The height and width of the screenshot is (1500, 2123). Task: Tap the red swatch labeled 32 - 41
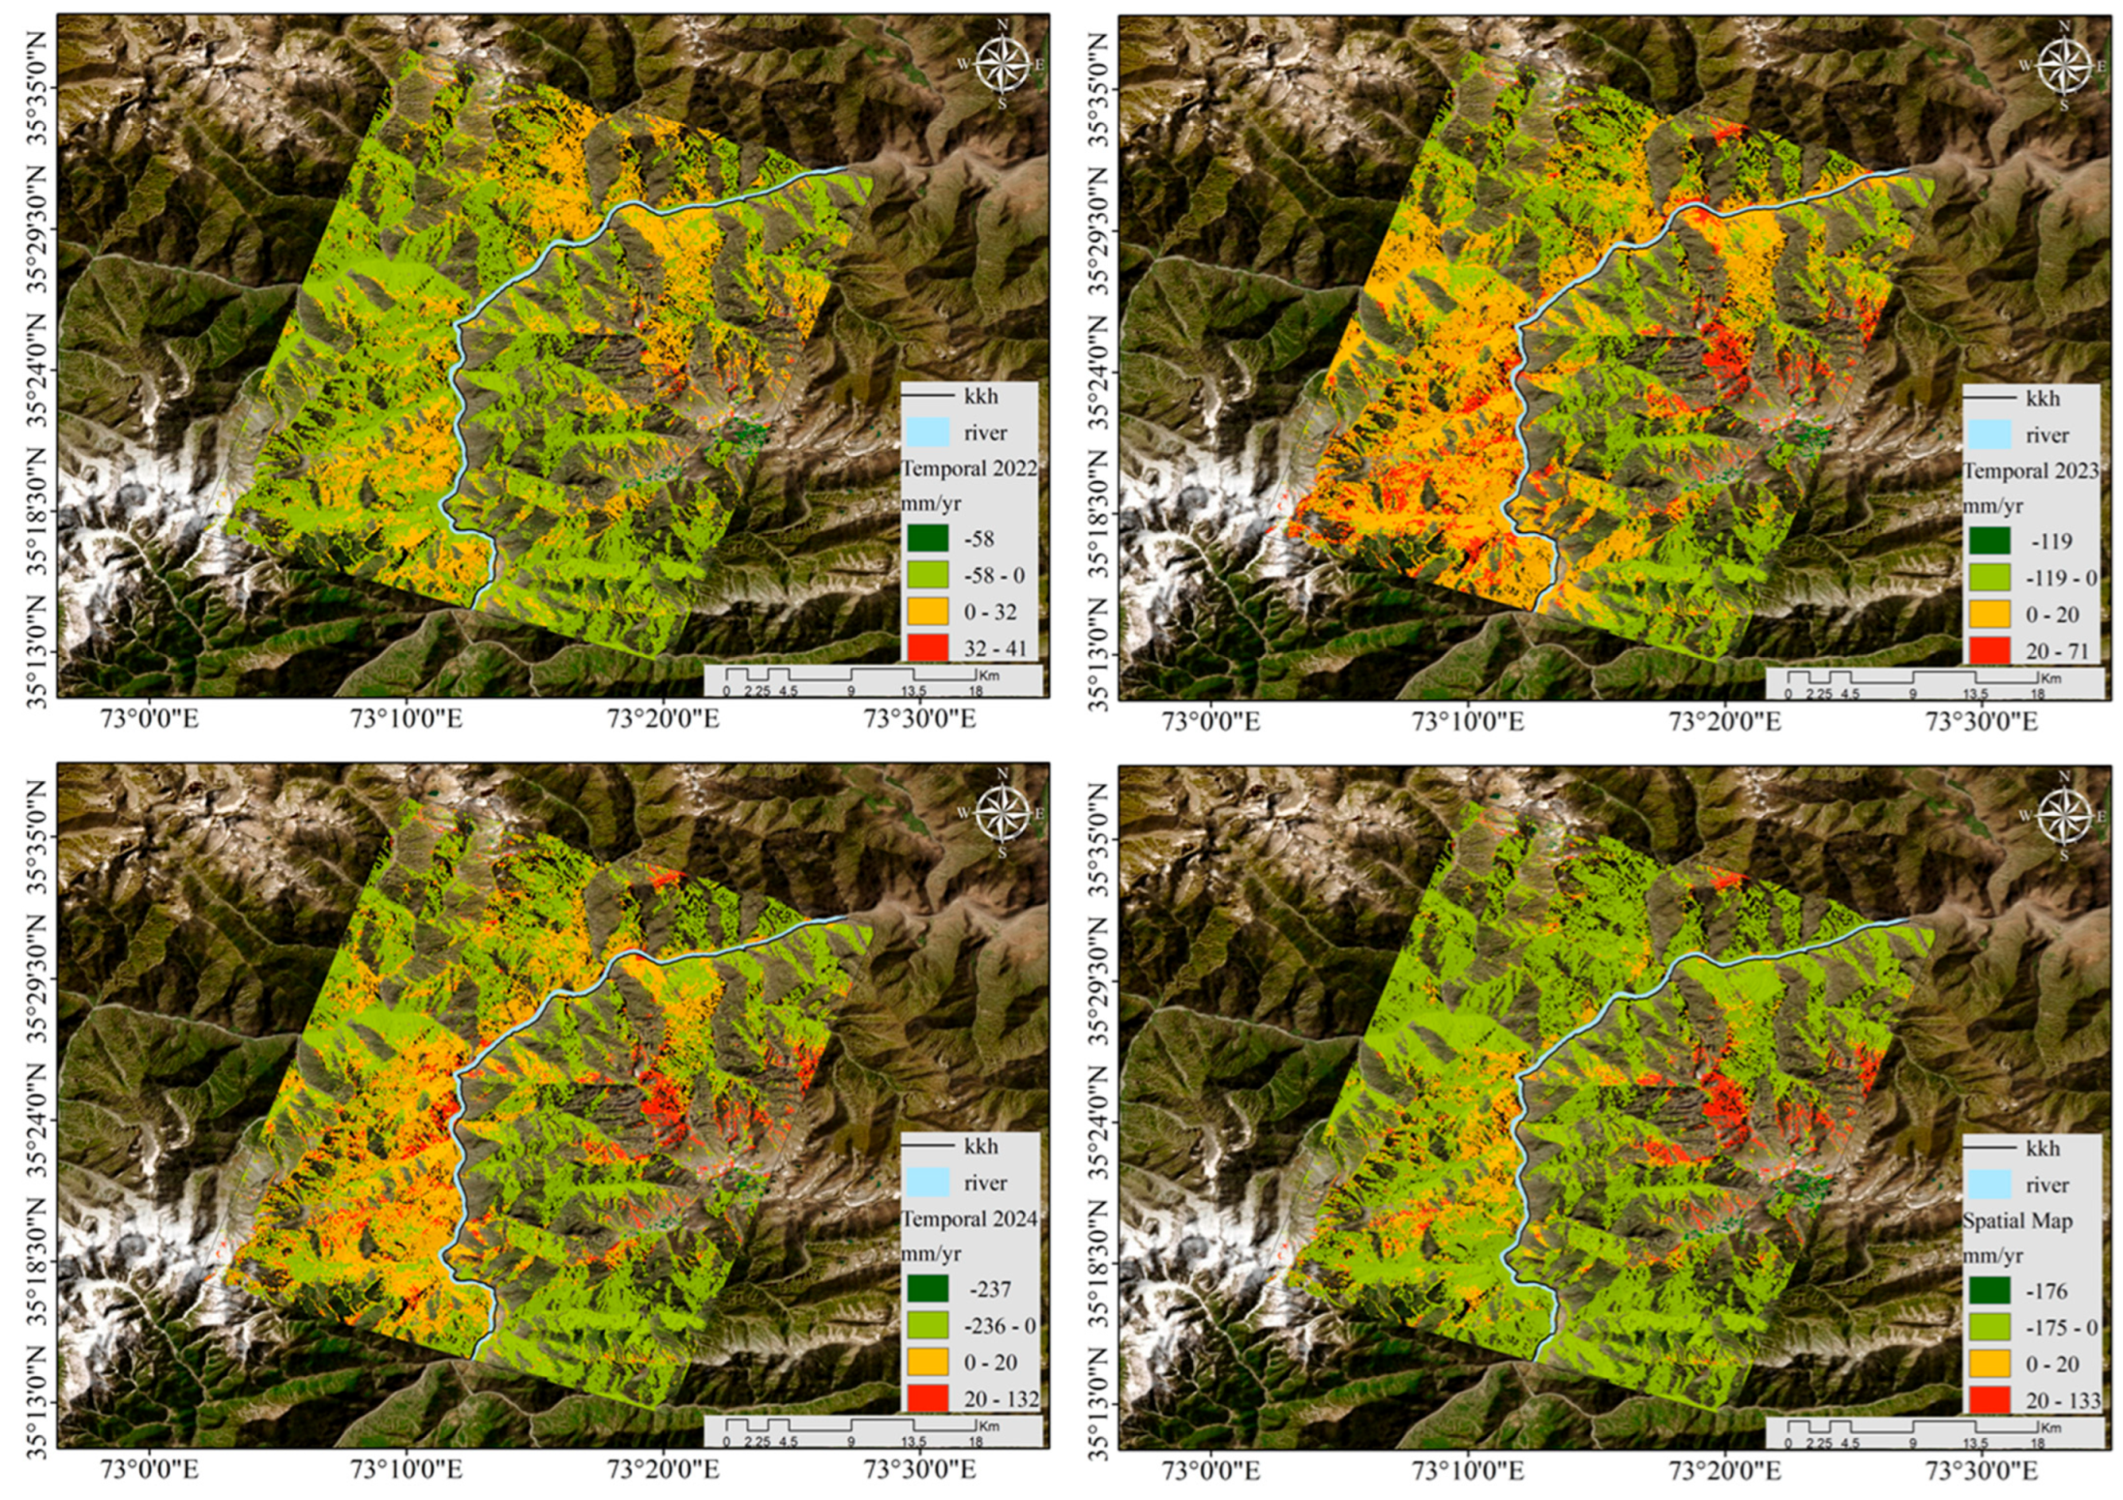click(926, 647)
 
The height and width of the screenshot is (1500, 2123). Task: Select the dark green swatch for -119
click(1988, 541)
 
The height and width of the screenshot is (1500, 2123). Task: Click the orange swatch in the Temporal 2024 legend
click(926, 1362)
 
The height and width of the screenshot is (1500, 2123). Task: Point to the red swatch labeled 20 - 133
click(1988, 1400)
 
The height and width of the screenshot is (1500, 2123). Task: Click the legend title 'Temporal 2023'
click(2030, 470)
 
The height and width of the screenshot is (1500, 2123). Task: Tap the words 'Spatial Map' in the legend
click(2017, 1220)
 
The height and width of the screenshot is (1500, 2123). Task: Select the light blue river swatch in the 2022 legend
click(926, 433)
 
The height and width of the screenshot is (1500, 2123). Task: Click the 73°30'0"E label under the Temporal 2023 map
click(1981, 722)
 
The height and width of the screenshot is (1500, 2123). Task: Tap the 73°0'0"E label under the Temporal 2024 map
click(149, 1470)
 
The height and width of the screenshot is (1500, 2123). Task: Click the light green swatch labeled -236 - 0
click(926, 1325)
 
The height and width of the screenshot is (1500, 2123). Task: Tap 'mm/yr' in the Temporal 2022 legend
click(931, 503)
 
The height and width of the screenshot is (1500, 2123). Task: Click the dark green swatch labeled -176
click(1988, 1291)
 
